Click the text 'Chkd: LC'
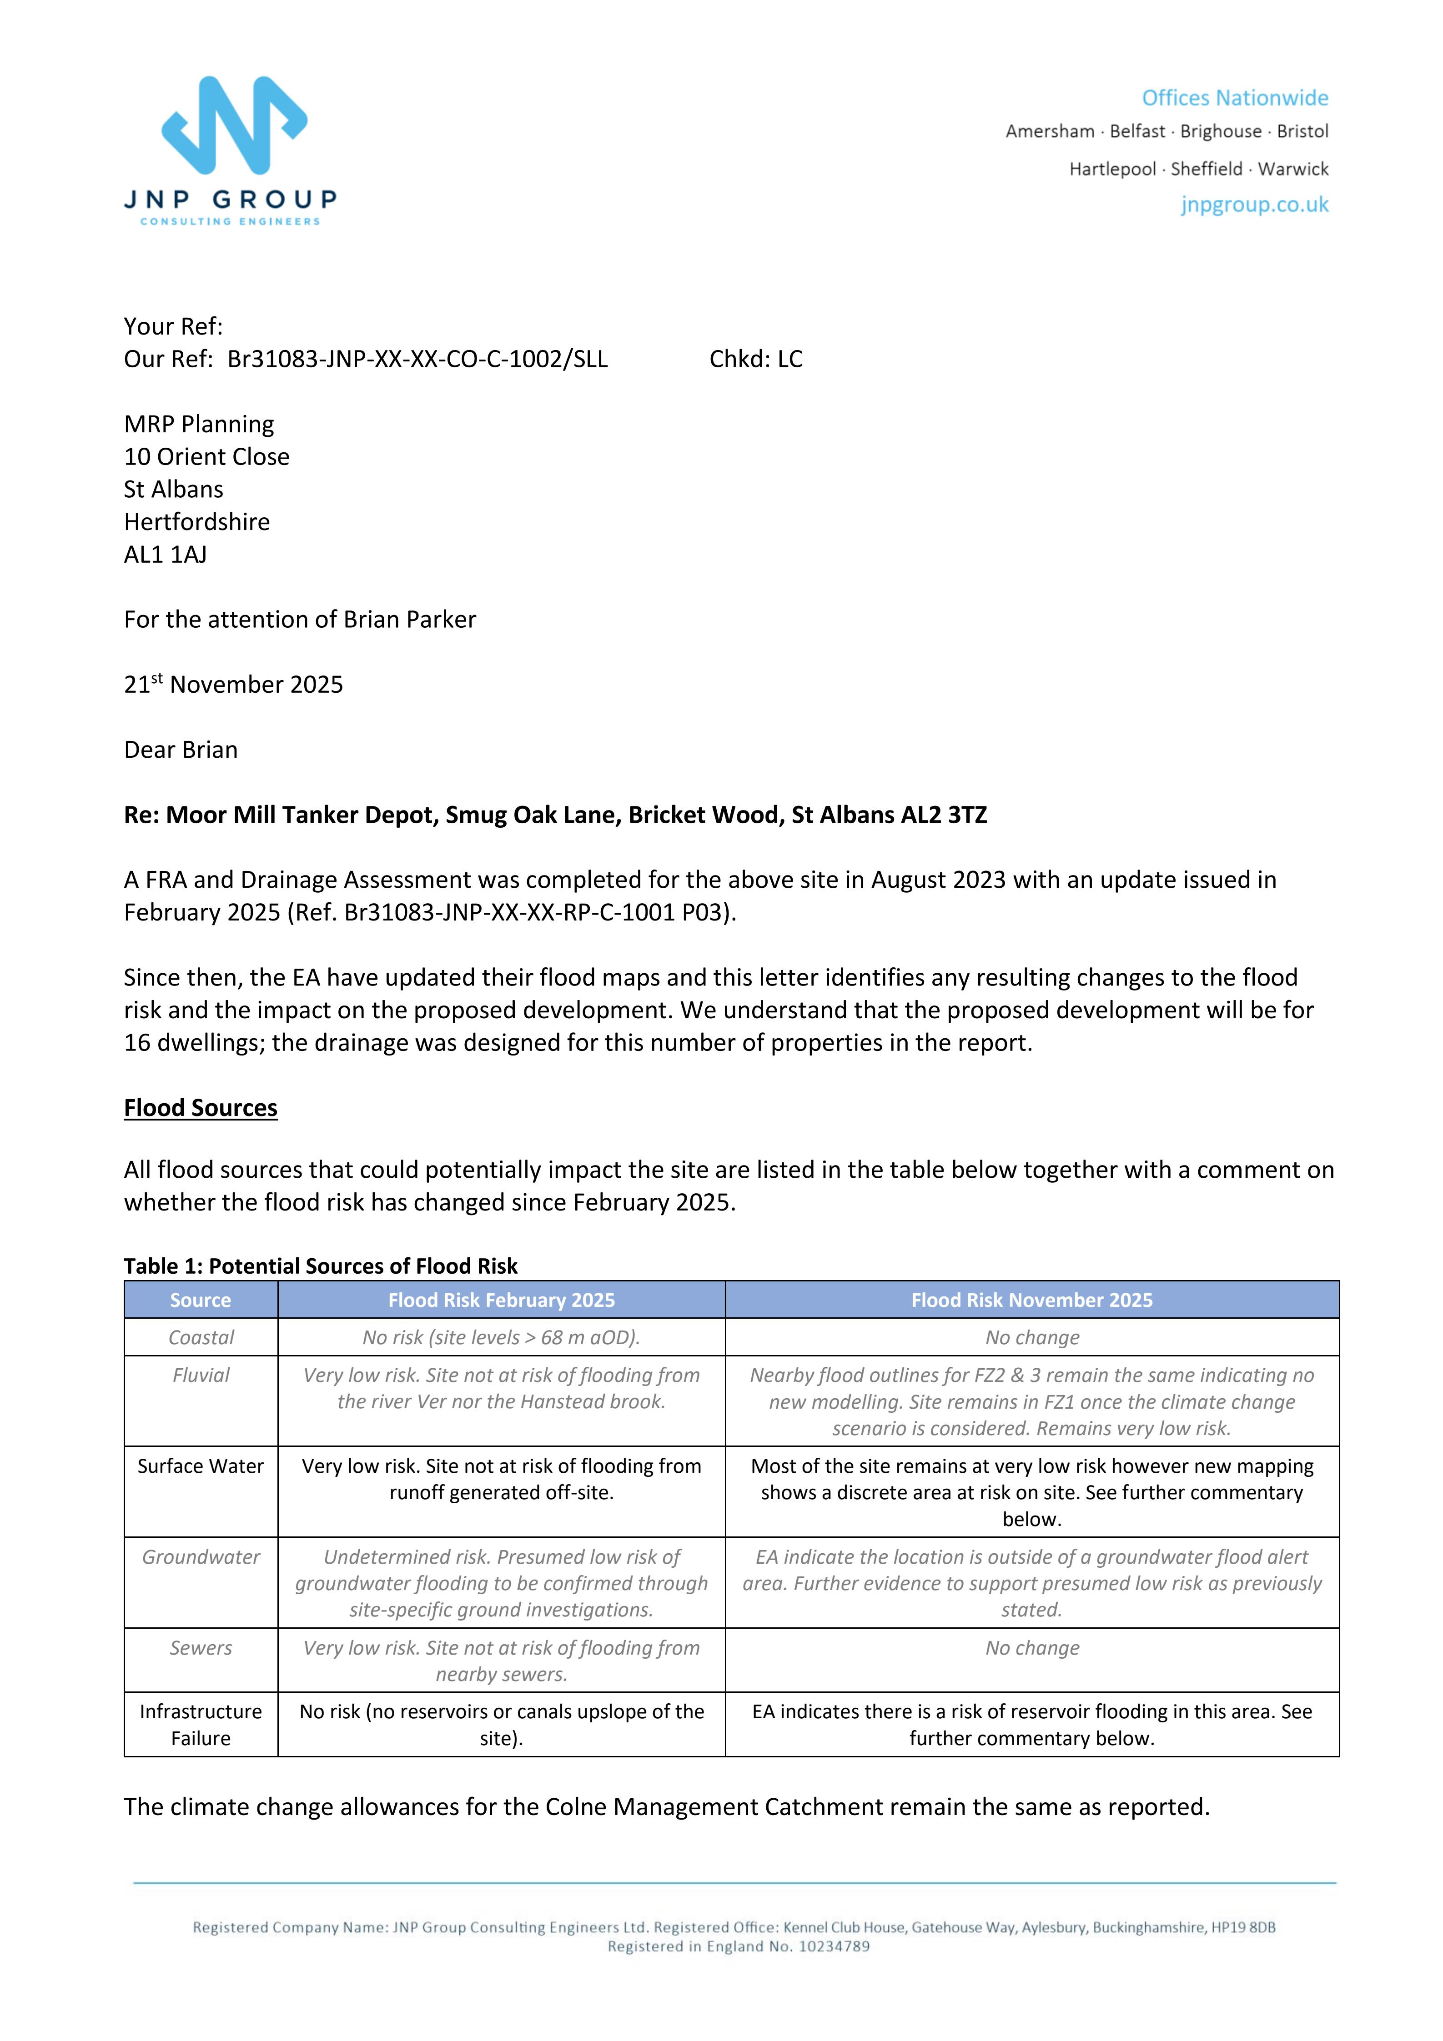click(756, 359)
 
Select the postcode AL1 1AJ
click(166, 555)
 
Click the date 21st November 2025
click(233, 685)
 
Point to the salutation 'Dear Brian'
click(181, 750)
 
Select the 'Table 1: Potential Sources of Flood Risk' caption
click(320, 1266)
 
